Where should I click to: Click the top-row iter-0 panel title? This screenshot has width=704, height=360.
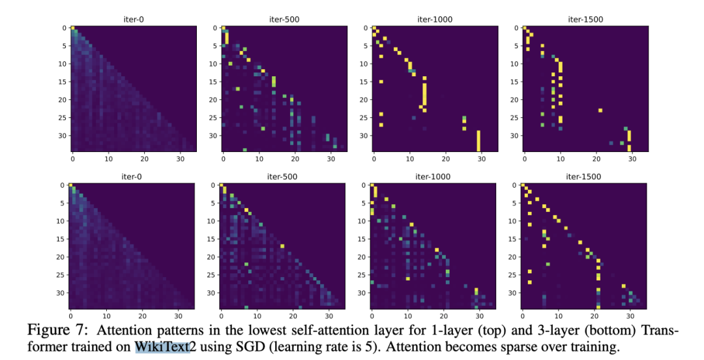coord(134,20)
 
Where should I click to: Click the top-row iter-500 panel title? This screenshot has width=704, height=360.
coord(284,20)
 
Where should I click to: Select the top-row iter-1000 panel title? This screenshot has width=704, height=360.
coord(435,20)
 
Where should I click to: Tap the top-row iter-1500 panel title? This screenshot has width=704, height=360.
coord(585,20)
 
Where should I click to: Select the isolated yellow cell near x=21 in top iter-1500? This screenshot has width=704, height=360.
coord(600,110)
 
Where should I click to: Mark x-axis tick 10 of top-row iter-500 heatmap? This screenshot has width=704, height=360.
coord(259,158)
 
